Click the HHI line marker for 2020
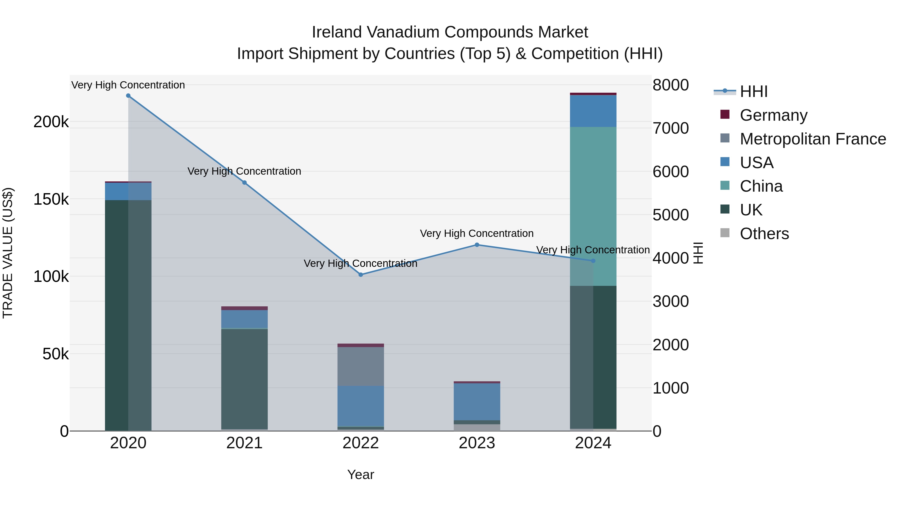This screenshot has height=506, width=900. click(x=128, y=96)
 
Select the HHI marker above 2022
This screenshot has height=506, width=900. click(x=360, y=275)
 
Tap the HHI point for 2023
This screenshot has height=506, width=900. click(x=477, y=245)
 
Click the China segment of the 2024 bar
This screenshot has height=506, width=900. click(x=593, y=206)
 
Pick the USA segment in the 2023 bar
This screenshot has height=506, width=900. click(x=477, y=402)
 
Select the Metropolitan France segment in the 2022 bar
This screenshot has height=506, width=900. click(x=360, y=366)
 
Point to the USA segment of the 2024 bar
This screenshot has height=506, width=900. click(x=593, y=111)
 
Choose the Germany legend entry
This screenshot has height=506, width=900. click(x=773, y=115)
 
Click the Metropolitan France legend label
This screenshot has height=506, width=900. click(x=813, y=139)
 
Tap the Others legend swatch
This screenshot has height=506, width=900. click(x=725, y=233)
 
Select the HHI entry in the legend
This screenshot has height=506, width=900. click(x=753, y=91)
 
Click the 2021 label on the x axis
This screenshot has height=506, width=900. click(x=244, y=443)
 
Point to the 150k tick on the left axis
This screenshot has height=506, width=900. click(x=51, y=199)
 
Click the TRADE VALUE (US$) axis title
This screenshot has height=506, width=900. click(x=8, y=253)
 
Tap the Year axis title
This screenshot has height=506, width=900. click(x=360, y=475)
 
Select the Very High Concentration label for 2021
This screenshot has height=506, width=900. click(x=244, y=171)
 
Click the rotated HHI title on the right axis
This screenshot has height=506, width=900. click(x=698, y=253)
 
